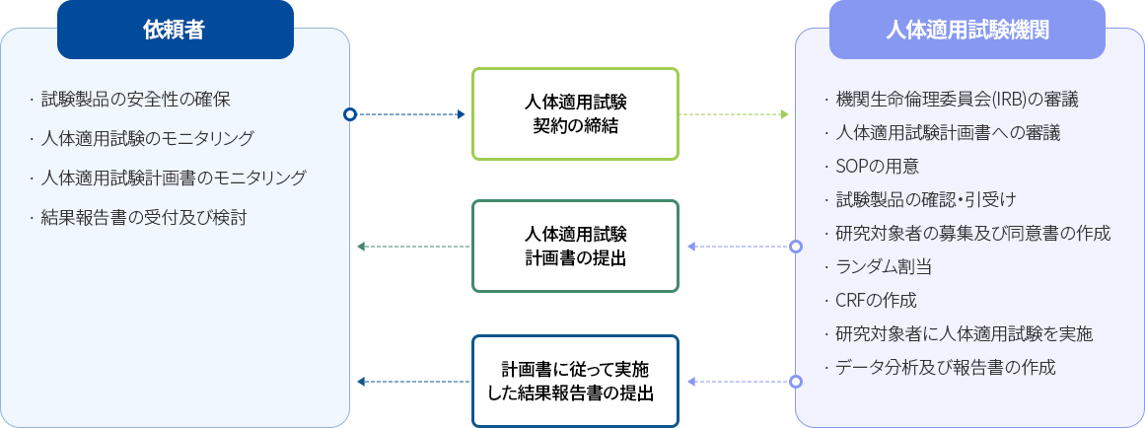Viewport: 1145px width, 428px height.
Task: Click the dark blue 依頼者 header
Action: coord(175,30)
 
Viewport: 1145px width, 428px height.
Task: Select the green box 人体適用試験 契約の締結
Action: coord(576,113)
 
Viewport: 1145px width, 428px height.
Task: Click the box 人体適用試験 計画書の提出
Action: coord(576,247)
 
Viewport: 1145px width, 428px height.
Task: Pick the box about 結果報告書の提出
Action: coord(576,382)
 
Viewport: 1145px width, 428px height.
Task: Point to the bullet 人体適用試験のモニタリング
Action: coord(147,138)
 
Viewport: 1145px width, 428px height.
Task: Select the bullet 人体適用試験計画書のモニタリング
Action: coord(174,178)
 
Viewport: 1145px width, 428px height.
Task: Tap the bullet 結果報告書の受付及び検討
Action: coord(143,216)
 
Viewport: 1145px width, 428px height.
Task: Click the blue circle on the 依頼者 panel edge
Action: coord(350,114)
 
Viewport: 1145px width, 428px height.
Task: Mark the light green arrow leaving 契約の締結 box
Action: coord(735,114)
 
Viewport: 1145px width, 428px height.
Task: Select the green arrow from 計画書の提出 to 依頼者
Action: coord(413,246)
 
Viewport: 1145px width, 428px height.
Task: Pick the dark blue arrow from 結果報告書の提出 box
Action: coord(413,381)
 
